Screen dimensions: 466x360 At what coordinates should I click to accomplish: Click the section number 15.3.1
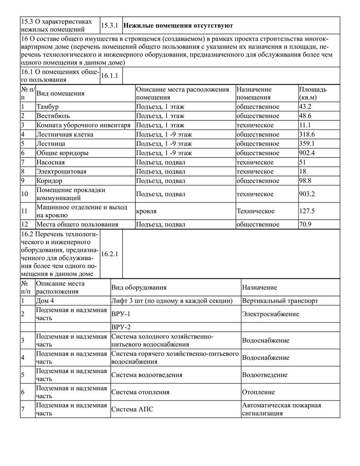pyautogui.click(x=110, y=25)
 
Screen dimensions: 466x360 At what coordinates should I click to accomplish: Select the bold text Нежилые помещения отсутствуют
pyautogui.click(x=178, y=25)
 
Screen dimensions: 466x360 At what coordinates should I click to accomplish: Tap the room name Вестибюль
pyautogui.click(x=53, y=116)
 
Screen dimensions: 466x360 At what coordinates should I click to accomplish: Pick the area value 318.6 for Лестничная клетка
pyautogui.click(x=307, y=135)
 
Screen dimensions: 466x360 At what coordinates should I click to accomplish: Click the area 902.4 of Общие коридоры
pyautogui.click(x=307, y=153)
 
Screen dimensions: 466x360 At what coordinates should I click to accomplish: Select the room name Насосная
pyautogui.click(x=50, y=162)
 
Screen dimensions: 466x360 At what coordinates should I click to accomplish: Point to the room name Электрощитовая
pyautogui.click(x=61, y=172)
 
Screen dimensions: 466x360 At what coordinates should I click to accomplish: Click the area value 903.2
pyautogui.click(x=307, y=194)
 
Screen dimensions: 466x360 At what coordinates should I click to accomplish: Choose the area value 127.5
pyautogui.click(x=307, y=211)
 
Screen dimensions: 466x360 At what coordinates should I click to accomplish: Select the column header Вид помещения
pyautogui.click(x=60, y=93)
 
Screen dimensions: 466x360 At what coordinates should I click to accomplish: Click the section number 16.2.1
pyautogui.click(x=110, y=254)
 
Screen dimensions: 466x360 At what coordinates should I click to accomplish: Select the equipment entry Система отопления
pyautogui.click(x=140, y=392)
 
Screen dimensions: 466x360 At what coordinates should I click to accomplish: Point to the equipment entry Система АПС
pyautogui.click(x=132, y=409)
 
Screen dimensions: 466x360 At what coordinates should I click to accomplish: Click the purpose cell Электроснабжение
pyautogui.click(x=270, y=314)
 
